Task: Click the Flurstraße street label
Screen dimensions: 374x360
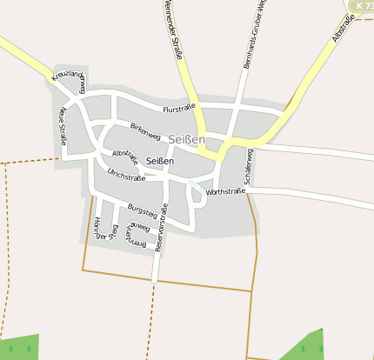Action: [180, 109]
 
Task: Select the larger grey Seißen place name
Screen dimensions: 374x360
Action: [187, 139]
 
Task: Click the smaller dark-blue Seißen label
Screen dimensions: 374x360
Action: [160, 161]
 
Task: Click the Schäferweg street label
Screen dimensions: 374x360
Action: [250, 165]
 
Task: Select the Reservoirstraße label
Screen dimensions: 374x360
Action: [159, 235]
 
